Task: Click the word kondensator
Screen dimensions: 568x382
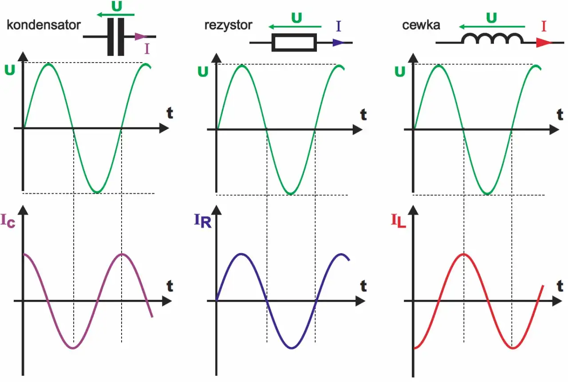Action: [43, 25]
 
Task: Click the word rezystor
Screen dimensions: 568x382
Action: [228, 25]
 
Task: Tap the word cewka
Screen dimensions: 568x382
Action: [421, 25]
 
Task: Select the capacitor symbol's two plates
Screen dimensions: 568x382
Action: [116, 37]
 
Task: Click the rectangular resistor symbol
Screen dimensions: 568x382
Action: [294, 43]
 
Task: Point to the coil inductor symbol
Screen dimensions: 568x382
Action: [492, 38]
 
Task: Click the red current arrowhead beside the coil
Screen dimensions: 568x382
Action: [544, 43]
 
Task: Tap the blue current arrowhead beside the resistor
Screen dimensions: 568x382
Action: [338, 43]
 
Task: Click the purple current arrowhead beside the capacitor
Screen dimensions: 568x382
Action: [140, 37]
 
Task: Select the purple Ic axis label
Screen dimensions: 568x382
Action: [8, 220]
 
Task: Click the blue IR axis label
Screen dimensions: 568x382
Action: [202, 220]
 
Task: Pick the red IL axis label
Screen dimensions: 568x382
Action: [398, 220]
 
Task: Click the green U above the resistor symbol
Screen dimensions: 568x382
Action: [297, 18]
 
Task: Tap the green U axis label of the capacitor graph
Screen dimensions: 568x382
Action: [10, 70]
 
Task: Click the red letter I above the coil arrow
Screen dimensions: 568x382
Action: [544, 26]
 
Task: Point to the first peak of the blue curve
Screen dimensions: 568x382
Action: [241, 254]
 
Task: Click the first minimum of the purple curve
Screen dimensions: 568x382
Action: [73, 348]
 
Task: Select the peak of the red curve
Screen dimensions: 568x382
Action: [464, 254]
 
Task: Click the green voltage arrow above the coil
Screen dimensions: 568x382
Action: [492, 26]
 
